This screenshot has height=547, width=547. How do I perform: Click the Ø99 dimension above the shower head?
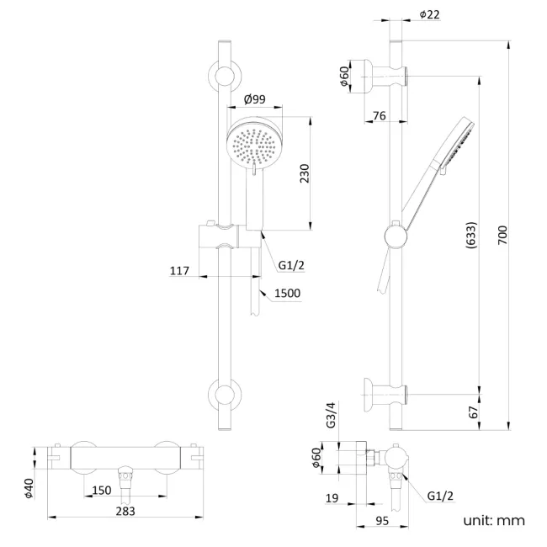click(254, 99)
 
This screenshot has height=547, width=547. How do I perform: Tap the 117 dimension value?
click(179, 271)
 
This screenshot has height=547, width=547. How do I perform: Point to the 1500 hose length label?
click(288, 293)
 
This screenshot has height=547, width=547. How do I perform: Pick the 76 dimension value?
click(379, 115)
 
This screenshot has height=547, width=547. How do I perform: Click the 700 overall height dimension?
click(502, 234)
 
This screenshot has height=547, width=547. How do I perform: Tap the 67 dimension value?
click(472, 412)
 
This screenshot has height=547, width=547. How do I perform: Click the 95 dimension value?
click(381, 520)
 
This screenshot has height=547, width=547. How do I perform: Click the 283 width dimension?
click(125, 511)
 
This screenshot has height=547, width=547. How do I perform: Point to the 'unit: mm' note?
click(493, 520)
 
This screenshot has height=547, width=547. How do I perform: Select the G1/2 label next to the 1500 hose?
click(290, 267)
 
